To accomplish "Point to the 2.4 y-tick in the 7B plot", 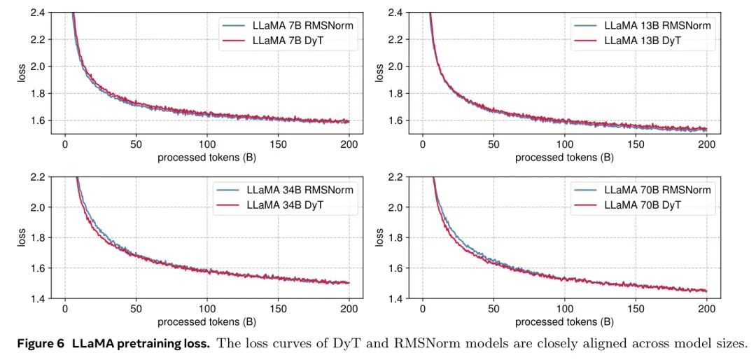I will (37, 13).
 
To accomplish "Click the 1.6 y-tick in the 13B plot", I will (395, 120).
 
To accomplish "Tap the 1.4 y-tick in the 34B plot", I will (37, 299).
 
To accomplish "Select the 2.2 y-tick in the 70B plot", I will (395, 177).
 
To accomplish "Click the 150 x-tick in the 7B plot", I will (278, 145).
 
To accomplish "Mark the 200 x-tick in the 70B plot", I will (706, 310).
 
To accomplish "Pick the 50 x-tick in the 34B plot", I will (136, 310).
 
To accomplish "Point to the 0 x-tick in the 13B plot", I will (423, 145).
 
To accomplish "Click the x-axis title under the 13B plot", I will (564, 158).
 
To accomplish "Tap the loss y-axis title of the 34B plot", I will (22, 238).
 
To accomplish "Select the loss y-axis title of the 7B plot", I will (22, 74).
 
